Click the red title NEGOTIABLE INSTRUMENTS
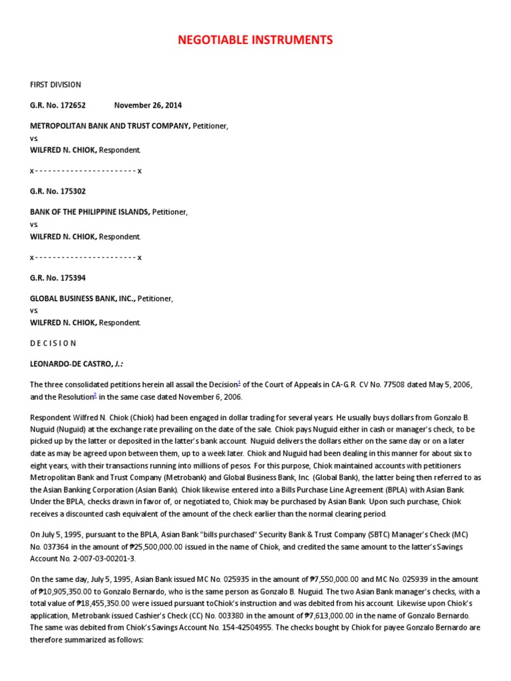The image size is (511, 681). point(255,41)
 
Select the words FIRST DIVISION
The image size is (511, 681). point(55,84)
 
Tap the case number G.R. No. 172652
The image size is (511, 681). point(58,105)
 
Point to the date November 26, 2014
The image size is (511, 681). point(148,105)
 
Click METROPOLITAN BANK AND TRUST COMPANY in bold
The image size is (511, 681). point(110,126)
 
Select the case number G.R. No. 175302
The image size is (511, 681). point(58,191)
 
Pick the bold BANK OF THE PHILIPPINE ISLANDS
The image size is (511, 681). point(89,211)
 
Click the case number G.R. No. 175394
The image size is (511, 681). point(58,277)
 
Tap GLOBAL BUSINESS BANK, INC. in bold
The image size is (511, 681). point(83,299)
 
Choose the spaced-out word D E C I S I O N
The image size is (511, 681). point(53,343)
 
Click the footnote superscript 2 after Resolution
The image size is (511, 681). point(95,395)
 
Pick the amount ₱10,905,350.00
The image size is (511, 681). point(61,591)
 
